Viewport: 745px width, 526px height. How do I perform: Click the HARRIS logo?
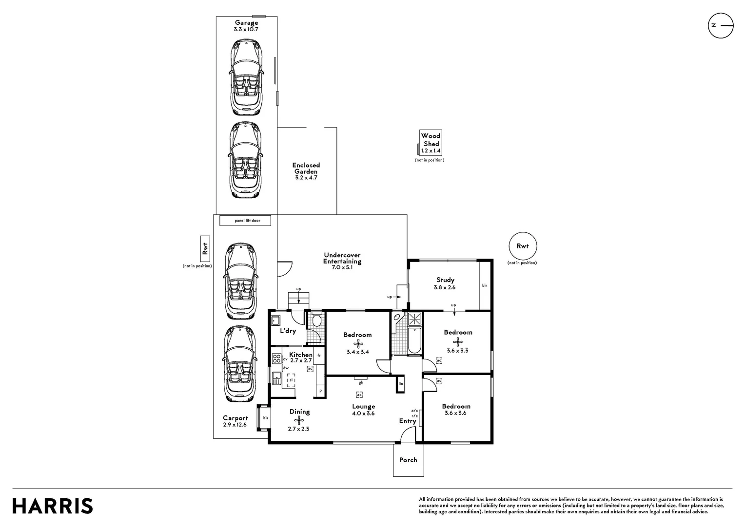coord(53,506)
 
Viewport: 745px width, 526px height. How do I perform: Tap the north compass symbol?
coord(721,26)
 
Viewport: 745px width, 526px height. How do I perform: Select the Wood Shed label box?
coord(431,143)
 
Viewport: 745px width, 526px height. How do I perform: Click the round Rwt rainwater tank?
coord(523,246)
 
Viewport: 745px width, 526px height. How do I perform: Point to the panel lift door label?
coord(248,221)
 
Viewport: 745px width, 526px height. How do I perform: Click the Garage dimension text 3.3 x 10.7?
coord(246,29)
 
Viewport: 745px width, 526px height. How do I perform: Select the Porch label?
coord(408,460)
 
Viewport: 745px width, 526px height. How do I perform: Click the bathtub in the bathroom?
coord(414,340)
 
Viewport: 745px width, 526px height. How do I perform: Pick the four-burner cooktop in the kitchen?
coord(276,358)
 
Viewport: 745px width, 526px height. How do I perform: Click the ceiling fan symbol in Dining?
coord(299,421)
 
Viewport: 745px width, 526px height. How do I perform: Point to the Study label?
coord(445,280)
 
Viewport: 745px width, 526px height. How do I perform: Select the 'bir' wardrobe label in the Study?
coord(485,285)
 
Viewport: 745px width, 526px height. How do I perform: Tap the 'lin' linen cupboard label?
coord(401,383)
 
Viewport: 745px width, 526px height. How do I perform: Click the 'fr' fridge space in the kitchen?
coord(318,356)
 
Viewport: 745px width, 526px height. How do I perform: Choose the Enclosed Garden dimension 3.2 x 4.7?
coord(306,178)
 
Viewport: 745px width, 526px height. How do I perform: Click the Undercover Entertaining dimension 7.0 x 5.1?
coord(342,267)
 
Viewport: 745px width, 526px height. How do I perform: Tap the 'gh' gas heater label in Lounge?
coord(361,382)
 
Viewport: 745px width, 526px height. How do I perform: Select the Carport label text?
coord(235,418)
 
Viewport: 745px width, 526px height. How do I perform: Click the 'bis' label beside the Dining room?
coord(266,418)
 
